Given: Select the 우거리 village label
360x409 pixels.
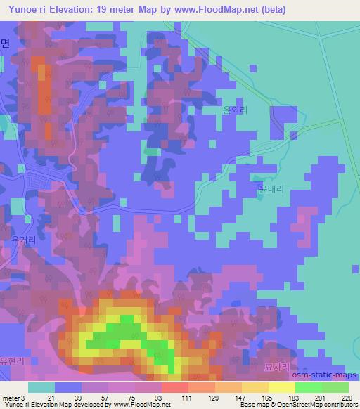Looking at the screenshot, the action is click(25, 240).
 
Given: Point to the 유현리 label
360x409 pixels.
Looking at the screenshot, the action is click(12, 361).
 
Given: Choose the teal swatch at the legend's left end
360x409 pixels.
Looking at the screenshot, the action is click(41, 387).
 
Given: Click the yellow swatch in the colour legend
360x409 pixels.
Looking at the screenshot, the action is click(281, 387).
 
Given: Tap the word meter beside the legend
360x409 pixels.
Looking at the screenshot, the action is click(11, 397).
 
